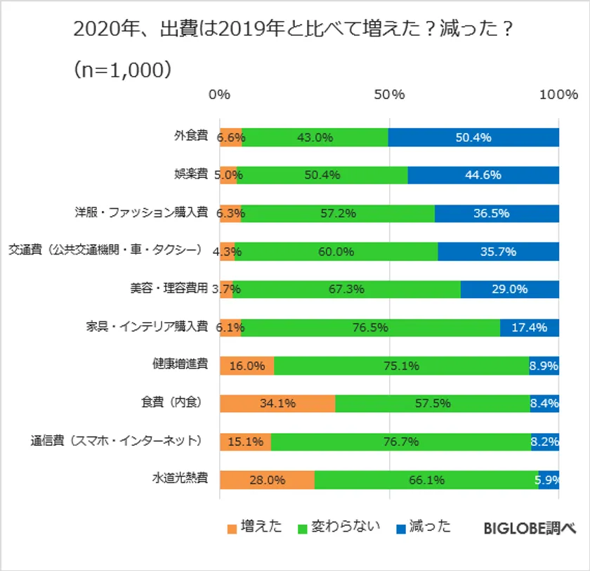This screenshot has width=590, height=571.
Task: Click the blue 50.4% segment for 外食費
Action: point(473,137)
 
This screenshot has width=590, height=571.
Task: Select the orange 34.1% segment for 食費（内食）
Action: point(277,404)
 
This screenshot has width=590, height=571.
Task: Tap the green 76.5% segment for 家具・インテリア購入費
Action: point(370,328)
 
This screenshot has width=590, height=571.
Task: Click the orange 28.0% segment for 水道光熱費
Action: point(267,480)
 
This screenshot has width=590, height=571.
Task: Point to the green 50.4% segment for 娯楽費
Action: point(322,175)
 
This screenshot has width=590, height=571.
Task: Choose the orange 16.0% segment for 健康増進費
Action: point(247,366)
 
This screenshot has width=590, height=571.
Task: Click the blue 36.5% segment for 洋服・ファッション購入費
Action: point(497,213)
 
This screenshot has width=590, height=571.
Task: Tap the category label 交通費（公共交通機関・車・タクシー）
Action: point(106,251)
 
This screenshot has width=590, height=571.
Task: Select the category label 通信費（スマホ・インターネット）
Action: point(117,442)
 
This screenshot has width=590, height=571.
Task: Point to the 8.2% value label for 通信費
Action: point(545,442)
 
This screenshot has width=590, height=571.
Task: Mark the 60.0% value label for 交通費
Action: point(336,251)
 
